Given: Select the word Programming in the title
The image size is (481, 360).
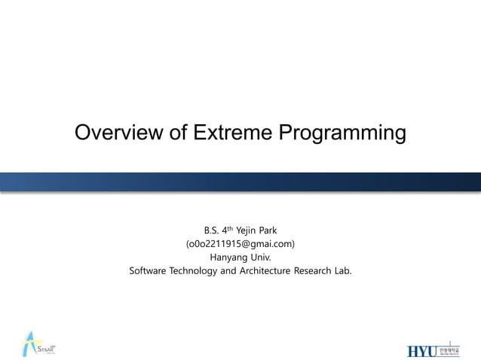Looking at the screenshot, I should coord(342,134).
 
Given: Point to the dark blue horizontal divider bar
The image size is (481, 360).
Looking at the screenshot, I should coord(240,182).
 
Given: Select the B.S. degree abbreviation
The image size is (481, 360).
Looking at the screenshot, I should coord(213,230).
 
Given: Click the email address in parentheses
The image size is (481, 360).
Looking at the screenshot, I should coord(240,243).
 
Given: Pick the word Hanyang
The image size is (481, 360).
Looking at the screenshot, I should coord(228,257).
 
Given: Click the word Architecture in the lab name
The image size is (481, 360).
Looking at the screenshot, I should coord(263,270).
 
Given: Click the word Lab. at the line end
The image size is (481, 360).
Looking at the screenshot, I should coord(343,270).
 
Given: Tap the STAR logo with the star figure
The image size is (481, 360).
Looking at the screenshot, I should coord(36,344).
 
